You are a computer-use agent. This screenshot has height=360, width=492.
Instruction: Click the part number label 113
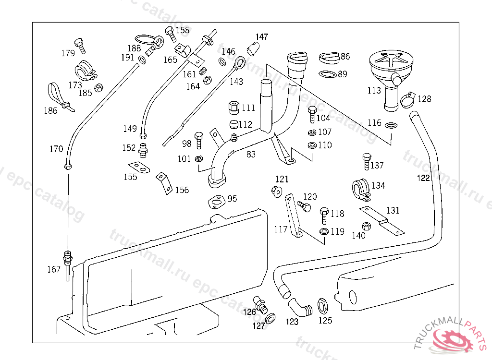click(x=374, y=90)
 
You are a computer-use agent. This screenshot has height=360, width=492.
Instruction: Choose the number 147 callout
click(x=262, y=37)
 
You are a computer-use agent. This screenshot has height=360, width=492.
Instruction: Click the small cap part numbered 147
click(x=253, y=48)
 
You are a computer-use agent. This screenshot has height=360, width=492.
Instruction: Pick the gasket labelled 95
click(x=216, y=202)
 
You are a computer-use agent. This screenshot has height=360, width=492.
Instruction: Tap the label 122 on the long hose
click(x=423, y=178)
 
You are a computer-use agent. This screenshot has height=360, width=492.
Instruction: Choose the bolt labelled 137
click(x=367, y=161)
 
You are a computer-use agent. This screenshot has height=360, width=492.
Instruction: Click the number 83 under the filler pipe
click(x=251, y=154)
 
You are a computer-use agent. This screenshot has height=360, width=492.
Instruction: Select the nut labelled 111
click(x=234, y=107)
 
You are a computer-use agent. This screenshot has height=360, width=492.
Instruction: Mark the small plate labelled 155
click(x=139, y=168)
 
